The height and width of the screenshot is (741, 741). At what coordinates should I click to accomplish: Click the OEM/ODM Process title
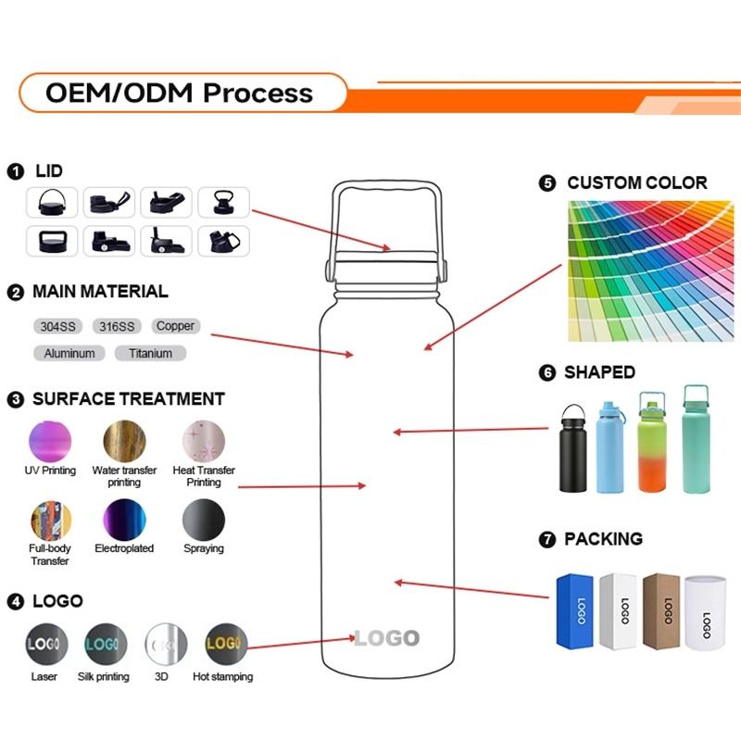(180, 93)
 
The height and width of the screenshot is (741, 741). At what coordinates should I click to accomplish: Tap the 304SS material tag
(59, 326)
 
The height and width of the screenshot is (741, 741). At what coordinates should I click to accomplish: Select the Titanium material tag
(150, 353)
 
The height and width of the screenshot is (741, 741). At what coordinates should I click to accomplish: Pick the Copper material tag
(175, 326)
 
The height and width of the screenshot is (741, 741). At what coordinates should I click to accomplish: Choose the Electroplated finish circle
(124, 519)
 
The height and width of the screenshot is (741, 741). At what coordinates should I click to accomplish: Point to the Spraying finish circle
(203, 519)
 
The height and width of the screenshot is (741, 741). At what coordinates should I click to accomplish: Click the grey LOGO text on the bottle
(386, 638)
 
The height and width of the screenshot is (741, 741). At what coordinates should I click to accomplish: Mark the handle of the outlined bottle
(386, 199)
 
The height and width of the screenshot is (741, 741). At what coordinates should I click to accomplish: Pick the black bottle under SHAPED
(572, 450)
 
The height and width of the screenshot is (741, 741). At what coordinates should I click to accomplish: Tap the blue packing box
(574, 610)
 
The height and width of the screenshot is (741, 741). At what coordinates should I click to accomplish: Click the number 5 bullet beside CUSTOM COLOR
(546, 183)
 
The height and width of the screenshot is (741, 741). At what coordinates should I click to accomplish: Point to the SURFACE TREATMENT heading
(128, 400)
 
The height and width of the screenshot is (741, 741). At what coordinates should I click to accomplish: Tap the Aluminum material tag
(69, 353)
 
